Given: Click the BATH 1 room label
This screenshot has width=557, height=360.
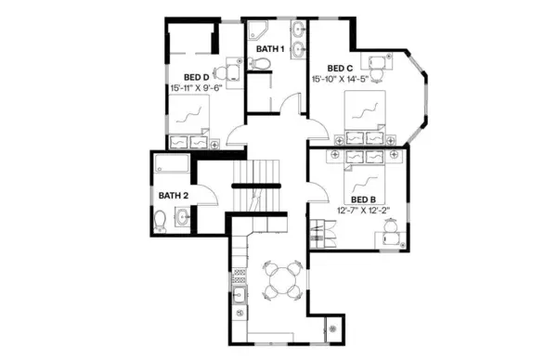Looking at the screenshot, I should pyautogui.click(x=269, y=48).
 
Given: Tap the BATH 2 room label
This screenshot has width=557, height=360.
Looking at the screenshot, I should pyautogui.click(x=173, y=196).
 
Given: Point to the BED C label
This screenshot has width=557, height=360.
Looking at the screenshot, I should pyautogui.click(x=341, y=68).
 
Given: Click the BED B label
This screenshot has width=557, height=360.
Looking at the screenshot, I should pyautogui.click(x=362, y=199).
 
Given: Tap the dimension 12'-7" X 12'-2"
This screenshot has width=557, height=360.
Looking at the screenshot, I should pyautogui.click(x=364, y=211).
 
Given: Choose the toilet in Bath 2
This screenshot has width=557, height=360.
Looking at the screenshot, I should pyautogui.click(x=160, y=220).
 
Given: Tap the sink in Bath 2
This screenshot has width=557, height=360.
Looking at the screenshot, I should pyautogui.click(x=181, y=218).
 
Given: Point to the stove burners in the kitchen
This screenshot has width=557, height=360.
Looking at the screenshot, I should pyautogui.click(x=239, y=276).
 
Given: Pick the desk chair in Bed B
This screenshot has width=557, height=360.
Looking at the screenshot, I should pyautogui.click(x=395, y=226).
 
